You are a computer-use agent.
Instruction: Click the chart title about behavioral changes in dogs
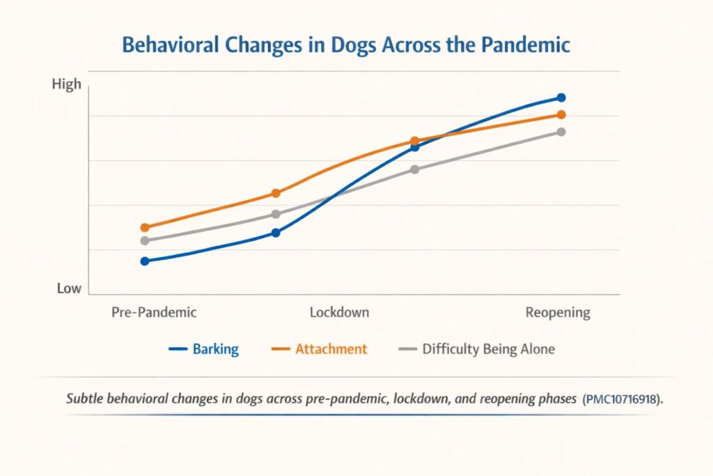(x=346, y=45)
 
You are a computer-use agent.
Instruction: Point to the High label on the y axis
(x=67, y=84)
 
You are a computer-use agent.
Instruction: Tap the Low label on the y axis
(x=69, y=289)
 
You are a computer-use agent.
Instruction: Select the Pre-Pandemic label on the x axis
(x=154, y=312)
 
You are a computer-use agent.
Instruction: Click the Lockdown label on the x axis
(x=339, y=312)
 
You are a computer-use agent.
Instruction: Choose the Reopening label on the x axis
(x=557, y=312)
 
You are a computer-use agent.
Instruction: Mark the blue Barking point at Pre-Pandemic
(x=145, y=261)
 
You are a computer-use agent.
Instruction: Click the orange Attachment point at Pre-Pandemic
(x=145, y=227)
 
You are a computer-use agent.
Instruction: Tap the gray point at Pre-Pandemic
(x=145, y=240)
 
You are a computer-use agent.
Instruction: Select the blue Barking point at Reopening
(x=561, y=98)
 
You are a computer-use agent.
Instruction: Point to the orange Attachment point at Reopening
(x=561, y=115)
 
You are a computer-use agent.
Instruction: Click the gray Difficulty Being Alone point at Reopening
(x=561, y=132)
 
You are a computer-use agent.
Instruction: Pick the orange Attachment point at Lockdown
(x=276, y=193)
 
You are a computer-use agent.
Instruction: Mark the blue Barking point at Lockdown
(x=276, y=233)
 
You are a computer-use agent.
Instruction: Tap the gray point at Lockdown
(x=276, y=214)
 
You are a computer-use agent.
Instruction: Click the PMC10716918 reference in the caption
(x=622, y=400)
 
